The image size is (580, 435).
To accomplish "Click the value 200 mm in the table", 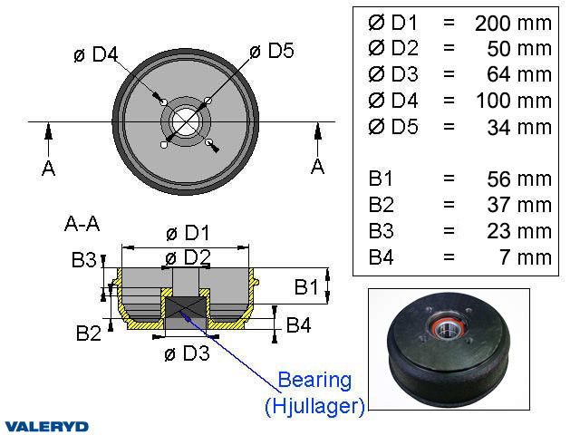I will tap(513, 23).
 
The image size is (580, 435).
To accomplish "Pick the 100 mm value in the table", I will tap(513, 101).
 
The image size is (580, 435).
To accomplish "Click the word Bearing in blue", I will tap(314, 379).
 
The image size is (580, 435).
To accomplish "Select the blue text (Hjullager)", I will tap(314, 406).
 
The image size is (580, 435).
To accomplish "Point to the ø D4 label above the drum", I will tap(95, 54).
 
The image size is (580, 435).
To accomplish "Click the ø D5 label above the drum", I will tap(271, 51).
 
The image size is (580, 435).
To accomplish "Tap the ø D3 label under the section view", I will tap(187, 353).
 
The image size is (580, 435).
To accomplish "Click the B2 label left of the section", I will tap(88, 333).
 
